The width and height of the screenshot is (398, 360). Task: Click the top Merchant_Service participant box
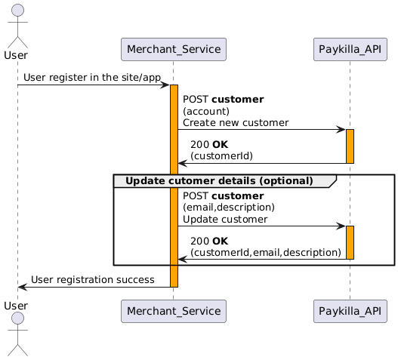pyautogui.click(x=174, y=50)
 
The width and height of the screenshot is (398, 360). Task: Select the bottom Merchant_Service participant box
pyautogui.click(x=174, y=311)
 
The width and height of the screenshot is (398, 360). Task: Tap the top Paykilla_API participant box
pyautogui.click(x=350, y=50)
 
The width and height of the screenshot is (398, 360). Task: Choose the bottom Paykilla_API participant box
pyautogui.click(x=350, y=311)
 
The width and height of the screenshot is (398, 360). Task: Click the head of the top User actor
pyautogui.click(x=17, y=11)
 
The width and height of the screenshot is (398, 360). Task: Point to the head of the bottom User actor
pyautogui.click(x=17, y=318)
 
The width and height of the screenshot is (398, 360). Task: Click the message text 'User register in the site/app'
pyautogui.click(x=92, y=78)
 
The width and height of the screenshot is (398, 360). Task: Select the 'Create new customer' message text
pyautogui.click(x=236, y=123)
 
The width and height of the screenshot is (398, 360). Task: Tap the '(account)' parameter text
pyautogui.click(x=206, y=112)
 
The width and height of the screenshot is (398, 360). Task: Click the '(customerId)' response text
pyautogui.click(x=221, y=155)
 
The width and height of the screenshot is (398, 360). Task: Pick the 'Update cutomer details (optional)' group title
pyautogui.click(x=219, y=181)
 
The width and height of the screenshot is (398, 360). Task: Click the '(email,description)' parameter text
pyautogui.click(x=229, y=208)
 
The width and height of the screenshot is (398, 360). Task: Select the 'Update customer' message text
pyautogui.click(x=225, y=220)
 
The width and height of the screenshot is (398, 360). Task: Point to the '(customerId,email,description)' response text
pyautogui.click(x=266, y=252)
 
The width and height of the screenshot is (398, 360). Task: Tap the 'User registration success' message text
pyautogui.click(x=93, y=280)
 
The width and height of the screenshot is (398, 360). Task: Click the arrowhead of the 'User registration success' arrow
pyautogui.click(x=21, y=288)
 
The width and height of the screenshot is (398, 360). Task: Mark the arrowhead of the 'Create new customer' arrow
pyautogui.click(x=341, y=129)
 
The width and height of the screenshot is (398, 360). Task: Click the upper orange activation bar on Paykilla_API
pyautogui.click(x=350, y=146)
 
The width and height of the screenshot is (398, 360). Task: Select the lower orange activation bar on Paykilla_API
pyautogui.click(x=350, y=242)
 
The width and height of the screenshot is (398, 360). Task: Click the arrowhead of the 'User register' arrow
pyautogui.click(x=165, y=85)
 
